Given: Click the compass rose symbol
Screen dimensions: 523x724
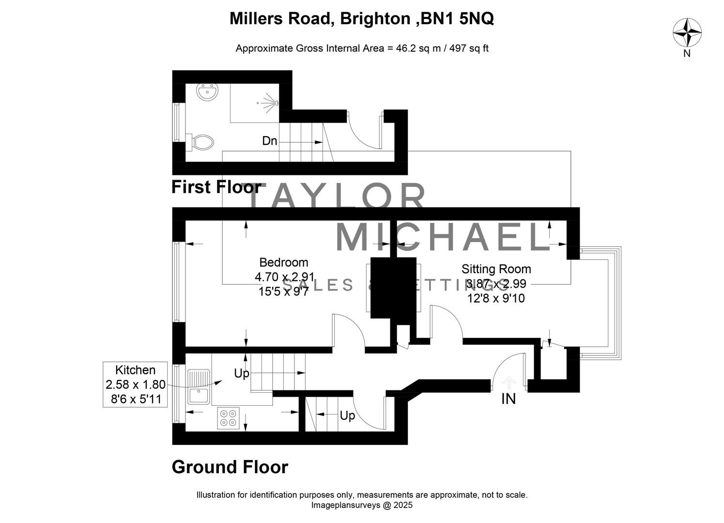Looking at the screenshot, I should click(x=687, y=32).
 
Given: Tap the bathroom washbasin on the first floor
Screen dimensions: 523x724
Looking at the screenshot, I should click(x=208, y=92).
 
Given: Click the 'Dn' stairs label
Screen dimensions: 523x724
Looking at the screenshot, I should click(x=269, y=141).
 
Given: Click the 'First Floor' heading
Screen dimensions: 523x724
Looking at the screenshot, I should click(x=216, y=187).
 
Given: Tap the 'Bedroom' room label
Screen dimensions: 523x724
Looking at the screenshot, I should click(x=284, y=262).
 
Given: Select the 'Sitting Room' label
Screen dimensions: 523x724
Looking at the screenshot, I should click(x=496, y=269).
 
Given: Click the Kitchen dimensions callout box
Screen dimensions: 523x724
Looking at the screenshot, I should click(x=135, y=385).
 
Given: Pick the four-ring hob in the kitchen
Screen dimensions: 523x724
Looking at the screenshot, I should click(x=229, y=418).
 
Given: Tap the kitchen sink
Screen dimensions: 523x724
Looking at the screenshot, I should click(x=199, y=396).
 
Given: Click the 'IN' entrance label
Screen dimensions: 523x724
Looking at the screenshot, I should click(x=508, y=399).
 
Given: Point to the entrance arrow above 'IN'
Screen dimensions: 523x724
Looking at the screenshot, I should click(x=508, y=383).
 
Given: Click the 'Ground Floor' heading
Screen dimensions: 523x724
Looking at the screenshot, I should click(x=230, y=467).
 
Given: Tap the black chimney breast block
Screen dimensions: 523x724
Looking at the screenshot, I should click(x=393, y=288).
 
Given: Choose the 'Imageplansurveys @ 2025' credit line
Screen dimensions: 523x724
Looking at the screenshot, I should click(x=361, y=505).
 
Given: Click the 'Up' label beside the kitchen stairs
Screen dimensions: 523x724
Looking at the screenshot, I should click(x=242, y=373).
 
